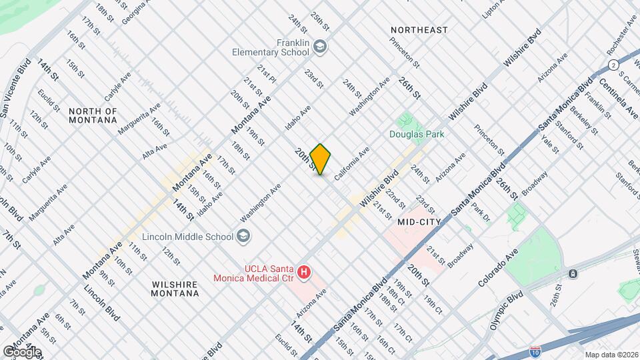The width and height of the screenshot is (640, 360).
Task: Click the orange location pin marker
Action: [321, 159]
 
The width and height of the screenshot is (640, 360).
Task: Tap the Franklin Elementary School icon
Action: [321, 46]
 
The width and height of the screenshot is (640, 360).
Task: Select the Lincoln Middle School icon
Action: [243, 236]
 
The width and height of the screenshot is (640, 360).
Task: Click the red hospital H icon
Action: [304, 272]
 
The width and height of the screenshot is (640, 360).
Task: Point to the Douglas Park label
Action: [417, 133]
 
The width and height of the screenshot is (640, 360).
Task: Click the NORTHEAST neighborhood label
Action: [419, 30]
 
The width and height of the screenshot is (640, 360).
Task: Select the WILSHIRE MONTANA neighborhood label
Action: [175, 289]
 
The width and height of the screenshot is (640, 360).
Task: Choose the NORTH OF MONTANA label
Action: [93, 115]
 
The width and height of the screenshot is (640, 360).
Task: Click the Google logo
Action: [21, 351]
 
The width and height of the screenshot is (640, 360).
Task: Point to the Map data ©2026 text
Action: [611, 354]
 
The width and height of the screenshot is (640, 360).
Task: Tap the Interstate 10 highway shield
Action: [535, 350]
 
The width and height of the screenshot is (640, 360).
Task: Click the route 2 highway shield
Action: [612, 64]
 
